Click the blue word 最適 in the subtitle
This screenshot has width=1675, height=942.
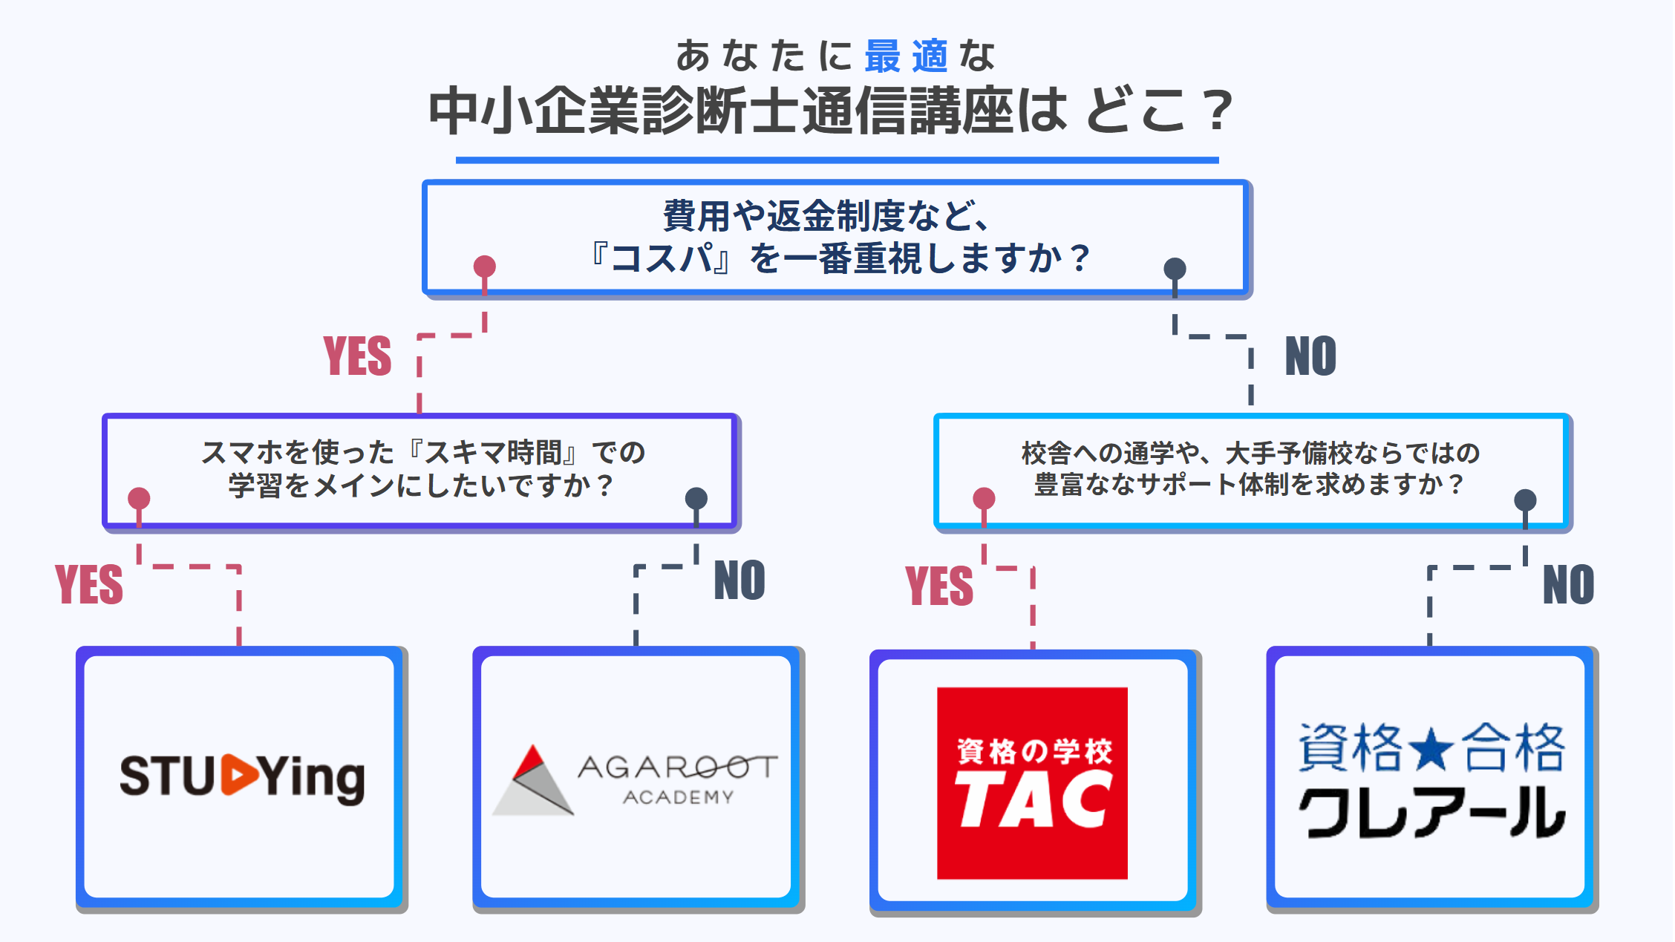(x=906, y=56)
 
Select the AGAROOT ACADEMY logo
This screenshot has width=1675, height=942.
(x=636, y=779)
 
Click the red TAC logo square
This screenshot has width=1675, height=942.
(x=1032, y=783)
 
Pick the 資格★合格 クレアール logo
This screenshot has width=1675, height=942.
(x=1431, y=779)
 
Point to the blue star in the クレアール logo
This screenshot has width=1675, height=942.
(x=1431, y=748)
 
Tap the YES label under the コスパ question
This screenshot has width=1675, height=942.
(x=357, y=356)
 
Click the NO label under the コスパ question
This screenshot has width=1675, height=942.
(x=1310, y=356)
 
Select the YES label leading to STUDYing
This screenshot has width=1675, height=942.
(x=89, y=584)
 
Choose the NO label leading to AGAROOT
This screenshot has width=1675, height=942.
(x=739, y=580)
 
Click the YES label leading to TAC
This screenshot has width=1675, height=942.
(x=939, y=585)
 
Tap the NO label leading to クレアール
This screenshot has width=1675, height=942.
(x=1568, y=584)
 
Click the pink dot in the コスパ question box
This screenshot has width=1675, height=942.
(x=485, y=266)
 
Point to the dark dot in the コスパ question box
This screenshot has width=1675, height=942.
(x=1175, y=269)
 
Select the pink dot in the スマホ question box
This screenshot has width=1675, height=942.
(x=139, y=498)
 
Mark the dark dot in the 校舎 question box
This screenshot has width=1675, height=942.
(x=1525, y=500)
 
